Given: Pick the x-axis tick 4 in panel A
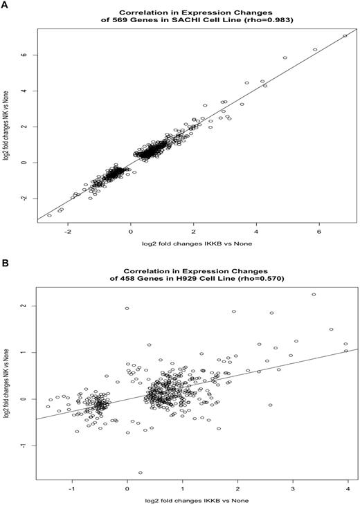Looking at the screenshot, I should [x=256, y=232].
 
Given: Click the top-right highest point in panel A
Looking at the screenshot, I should [x=345, y=36].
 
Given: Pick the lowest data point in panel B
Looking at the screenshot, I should [x=141, y=472].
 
